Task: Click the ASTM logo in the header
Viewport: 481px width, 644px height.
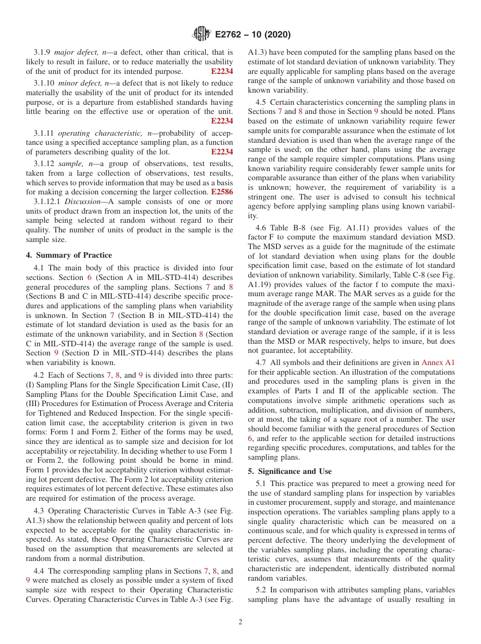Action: click(202, 34)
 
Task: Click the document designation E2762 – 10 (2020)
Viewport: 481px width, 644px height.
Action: click(253, 35)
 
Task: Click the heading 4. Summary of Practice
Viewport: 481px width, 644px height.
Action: click(69, 255)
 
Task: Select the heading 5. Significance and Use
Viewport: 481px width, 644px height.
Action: click(290, 471)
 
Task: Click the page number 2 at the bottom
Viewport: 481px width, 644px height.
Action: click(240, 622)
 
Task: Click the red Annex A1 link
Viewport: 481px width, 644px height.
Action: click(438, 362)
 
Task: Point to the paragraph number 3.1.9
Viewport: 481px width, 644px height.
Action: click(42, 52)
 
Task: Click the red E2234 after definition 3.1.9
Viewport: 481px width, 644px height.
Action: click(222, 71)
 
